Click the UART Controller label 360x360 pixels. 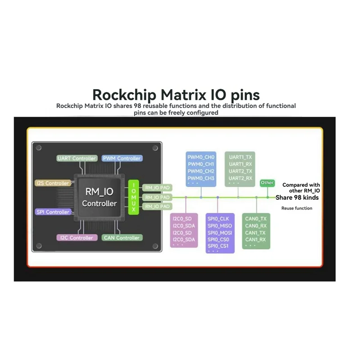[77, 158]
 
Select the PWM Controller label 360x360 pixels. [122, 158]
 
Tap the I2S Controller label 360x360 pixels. [53, 183]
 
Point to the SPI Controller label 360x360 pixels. [53, 212]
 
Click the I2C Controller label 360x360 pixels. [76, 238]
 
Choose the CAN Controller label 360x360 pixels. [121, 238]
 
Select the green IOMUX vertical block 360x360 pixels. [134, 197]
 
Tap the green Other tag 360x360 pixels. [267, 183]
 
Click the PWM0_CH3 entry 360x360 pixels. [201, 178]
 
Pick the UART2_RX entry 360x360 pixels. [240, 178]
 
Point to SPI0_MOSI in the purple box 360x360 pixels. [220, 233]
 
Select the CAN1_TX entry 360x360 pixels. [256, 233]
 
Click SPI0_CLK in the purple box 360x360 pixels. [218, 219]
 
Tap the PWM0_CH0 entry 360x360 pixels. [201, 157]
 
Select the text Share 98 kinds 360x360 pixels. [297, 198]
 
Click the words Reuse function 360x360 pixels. [297, 208]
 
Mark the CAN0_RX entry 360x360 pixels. [256, 225]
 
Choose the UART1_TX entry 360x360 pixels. [240, 157]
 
